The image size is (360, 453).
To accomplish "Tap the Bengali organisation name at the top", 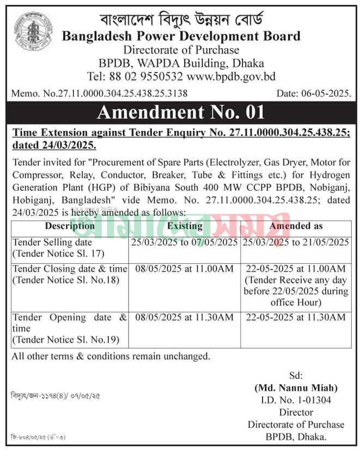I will tap(181, 20).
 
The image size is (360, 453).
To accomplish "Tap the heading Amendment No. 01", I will tap(180, 112).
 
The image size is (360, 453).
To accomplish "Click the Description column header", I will tap(70, 226).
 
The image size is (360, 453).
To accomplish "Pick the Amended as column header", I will tap(295, 226).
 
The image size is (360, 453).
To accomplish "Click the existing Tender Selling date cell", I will tap(185, 242).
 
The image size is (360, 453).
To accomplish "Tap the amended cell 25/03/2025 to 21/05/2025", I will tap(295, 242).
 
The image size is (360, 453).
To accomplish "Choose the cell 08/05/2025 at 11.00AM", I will tap(185, 269).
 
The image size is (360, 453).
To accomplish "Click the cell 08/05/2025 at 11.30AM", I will tap(185, 317).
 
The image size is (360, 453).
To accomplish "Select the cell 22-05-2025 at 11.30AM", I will tap(295, 317).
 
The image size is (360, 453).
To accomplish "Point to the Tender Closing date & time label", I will tap(70, 269).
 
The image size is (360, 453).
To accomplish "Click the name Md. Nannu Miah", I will tap(295, 388).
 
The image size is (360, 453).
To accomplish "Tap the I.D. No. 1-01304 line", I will tap(295, 400).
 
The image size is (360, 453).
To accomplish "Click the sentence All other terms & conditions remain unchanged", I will tap(111, 357).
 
